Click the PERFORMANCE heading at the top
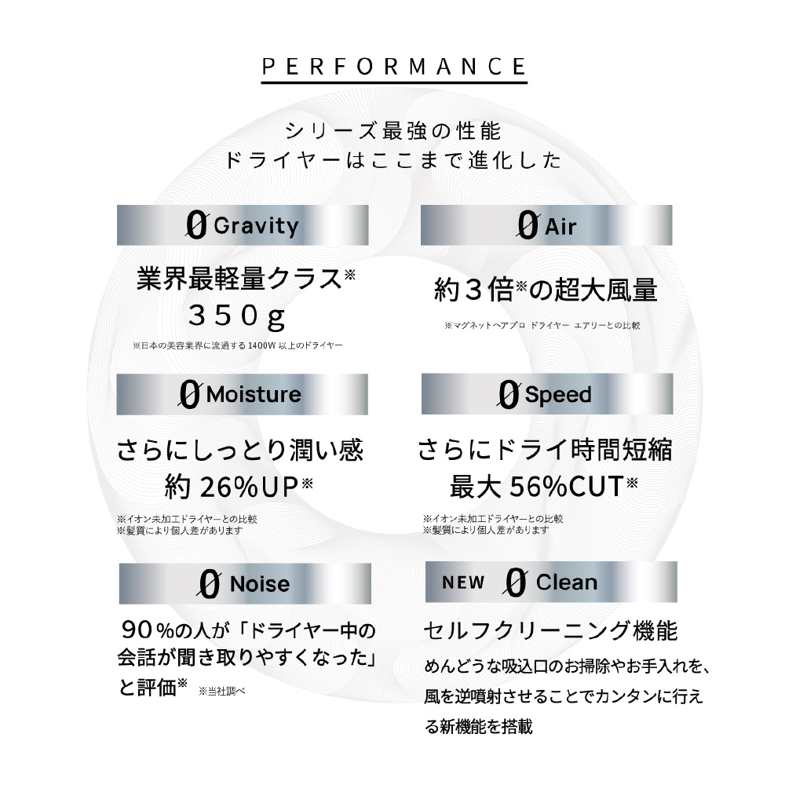coord(394,67)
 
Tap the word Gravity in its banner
coord(256,226)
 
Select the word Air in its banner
coord(560,227)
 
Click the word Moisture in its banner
coord(254,395)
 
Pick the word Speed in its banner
coord(557,396)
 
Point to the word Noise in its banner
coord(259,584)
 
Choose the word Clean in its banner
coord(566,582)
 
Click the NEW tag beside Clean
coord(463,582)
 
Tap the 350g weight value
coord(237,316)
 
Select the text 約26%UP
coord(232,487)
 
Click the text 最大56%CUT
coord(537,486)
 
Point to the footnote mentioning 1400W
coord(237,345)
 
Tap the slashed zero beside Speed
coord(509,395)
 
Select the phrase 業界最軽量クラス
coord(239,279)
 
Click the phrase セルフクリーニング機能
coord(550,631)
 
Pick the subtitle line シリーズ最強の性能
coord(393,131)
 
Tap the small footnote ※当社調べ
coord(222,692)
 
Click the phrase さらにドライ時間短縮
coord(545,450)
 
